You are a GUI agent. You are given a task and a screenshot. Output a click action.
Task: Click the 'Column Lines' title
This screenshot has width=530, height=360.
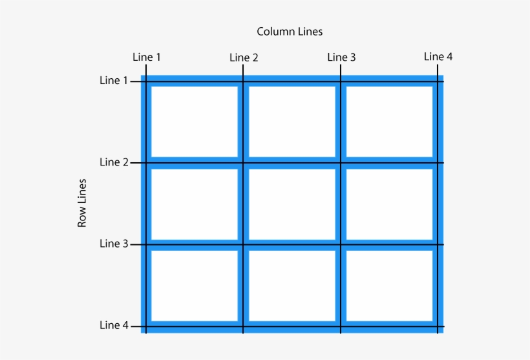[x=290, y=31]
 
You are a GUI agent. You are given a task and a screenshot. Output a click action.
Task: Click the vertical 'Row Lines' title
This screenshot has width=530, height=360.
[x=82, y=203]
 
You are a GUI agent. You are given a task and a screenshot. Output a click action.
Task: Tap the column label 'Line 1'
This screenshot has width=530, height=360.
[x=147, y=57]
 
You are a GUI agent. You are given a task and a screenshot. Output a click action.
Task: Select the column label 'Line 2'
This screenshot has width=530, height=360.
[x=244, y=58]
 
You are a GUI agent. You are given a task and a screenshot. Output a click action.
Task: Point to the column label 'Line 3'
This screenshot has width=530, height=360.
[x=341, y=57]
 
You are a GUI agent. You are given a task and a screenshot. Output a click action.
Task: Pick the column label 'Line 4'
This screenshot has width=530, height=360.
[x=438, y=56]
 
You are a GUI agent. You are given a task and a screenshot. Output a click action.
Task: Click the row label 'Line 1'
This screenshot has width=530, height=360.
[x=114, y=81]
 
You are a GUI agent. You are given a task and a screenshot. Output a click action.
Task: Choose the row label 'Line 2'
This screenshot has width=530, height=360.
[x=114, y=162]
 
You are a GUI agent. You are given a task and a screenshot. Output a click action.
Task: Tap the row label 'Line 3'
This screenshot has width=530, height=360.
[x=114, y=244]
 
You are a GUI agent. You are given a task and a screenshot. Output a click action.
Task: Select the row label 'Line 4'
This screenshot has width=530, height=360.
[x=114, y=325]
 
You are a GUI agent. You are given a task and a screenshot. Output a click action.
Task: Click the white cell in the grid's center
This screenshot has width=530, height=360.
[x=292, y=204]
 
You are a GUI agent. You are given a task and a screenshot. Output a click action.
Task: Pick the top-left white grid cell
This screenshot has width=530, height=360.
[x=195, y=121]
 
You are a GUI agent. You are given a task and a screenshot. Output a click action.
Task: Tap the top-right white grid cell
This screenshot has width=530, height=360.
[x=389, y=121]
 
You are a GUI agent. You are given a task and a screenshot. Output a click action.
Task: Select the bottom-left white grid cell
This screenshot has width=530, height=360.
[x=195, y=286]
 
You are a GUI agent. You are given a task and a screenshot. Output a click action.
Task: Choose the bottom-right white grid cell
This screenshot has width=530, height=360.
[x=389, y=286]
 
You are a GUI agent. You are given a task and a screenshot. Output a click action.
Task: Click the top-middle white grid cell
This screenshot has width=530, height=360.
[x=292, y=121]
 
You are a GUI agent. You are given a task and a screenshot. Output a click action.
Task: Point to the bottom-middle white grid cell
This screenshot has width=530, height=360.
[x=292, y=286]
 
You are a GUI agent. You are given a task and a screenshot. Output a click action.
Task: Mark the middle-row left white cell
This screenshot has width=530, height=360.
[x=195, y=204]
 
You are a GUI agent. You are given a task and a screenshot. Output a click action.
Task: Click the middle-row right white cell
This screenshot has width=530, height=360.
[x=389, y=204]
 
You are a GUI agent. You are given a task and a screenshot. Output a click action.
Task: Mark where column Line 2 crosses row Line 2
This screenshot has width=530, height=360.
[x=243, y=162]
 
